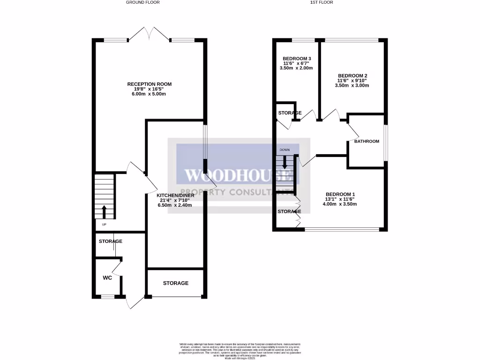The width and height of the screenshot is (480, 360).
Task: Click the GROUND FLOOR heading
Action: [x=142, y=2]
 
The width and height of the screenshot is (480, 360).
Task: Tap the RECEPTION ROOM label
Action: [x=149, y=84]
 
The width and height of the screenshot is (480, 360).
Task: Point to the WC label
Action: [x=107, y=277]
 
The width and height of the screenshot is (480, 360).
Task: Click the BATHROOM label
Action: [x=366, y=141]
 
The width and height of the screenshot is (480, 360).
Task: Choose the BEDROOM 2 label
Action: [x=352, y=75]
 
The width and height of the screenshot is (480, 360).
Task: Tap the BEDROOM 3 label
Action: [x=297, y=58]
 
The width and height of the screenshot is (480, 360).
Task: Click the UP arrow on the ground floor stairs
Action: [x=104, y=211]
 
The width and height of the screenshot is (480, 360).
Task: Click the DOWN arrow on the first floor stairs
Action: [x=285, y=162]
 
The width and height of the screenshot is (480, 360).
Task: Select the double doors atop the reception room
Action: [x=149, y=34]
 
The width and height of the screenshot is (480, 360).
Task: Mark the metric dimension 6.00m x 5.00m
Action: [x=149, y=94]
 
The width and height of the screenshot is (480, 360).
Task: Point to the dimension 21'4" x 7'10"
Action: [x=174, y=200]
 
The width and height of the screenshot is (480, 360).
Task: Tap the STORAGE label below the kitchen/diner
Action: [x=176, y=283]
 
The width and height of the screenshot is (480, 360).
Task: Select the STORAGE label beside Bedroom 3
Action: [x=290, y=113]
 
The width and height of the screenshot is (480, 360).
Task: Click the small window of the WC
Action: [x=108, y=296]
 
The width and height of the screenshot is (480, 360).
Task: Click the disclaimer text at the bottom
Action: [x=240, y=350]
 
